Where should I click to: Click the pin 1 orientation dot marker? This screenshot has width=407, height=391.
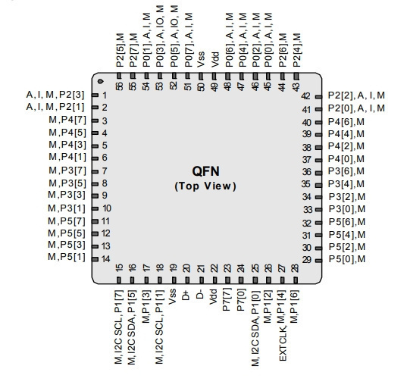pos(101,82)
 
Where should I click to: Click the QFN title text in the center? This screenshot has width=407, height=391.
pos(205,171)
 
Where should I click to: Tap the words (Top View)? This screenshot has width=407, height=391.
pos(205,186)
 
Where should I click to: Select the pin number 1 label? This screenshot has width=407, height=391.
pos(105,95)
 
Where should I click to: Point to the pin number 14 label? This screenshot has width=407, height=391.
pos(106,259)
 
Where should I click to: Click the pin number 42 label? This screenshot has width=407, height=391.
pos(305,96)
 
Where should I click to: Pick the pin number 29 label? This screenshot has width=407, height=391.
pos(306,260)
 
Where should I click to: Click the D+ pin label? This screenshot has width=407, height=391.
pos(186,296)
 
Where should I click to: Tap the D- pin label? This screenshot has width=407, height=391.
pos(200,295)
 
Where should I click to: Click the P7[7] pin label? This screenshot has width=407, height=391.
pos(227,301)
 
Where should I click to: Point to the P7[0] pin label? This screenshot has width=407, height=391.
pos(240,301)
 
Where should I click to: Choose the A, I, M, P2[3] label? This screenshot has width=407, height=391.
pos(55,95)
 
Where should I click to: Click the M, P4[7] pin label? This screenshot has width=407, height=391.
pos(67,120)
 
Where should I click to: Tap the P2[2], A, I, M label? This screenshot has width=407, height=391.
pos(356,95)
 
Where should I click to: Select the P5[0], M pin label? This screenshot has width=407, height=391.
pos(347,259)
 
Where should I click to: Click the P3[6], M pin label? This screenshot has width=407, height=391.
pos(346,171)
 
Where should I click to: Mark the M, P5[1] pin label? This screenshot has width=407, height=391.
pos(67,257)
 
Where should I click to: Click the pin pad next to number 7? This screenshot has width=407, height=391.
pos(95,171)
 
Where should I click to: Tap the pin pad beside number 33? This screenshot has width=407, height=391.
pos(318,210)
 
